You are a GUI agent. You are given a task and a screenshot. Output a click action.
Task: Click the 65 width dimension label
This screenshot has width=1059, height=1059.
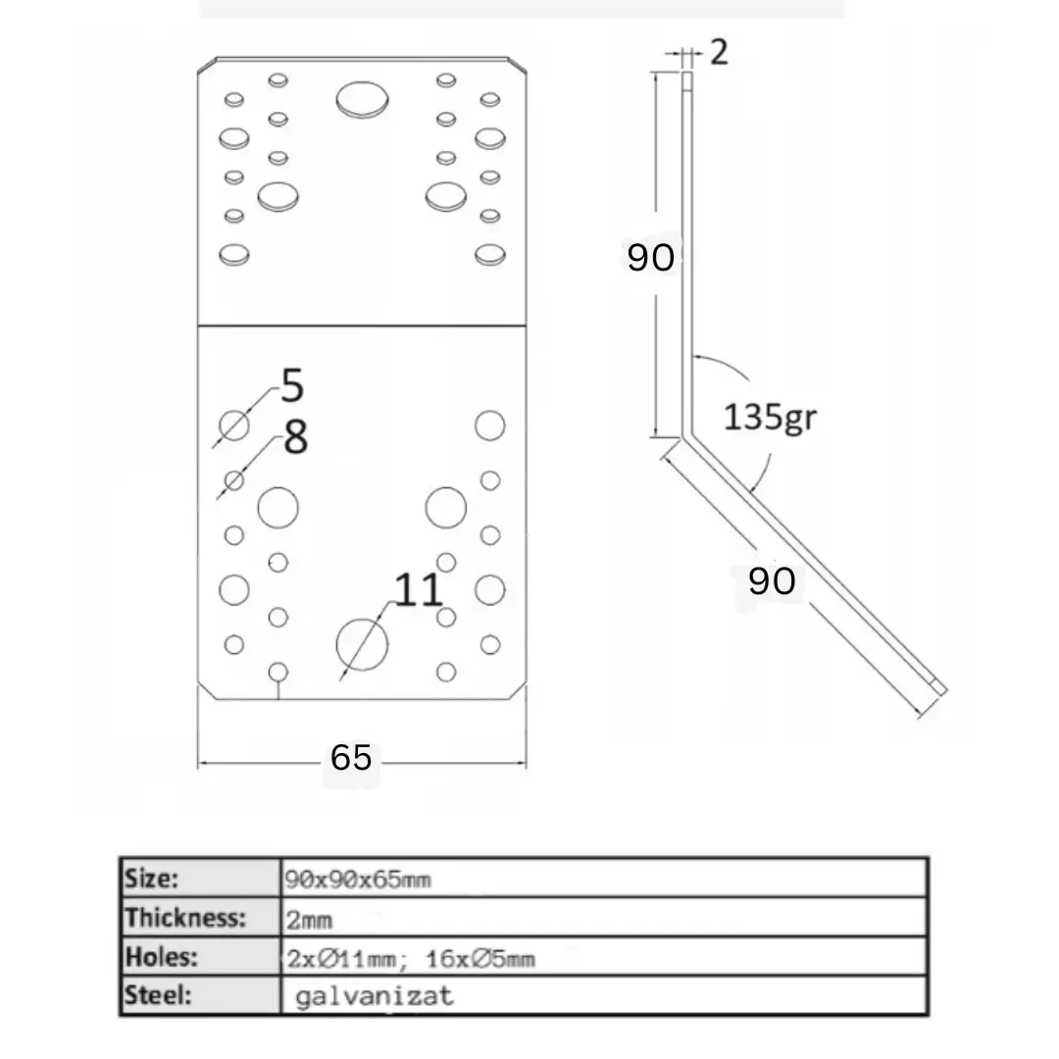tap(351, 757)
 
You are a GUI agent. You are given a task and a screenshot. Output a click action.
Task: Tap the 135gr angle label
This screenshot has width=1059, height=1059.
tap(770, 417)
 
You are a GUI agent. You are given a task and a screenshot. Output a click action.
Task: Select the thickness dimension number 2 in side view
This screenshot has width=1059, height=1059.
tap(720, 52)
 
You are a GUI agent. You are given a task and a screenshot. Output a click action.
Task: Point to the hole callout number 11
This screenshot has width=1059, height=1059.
tap(418, 590)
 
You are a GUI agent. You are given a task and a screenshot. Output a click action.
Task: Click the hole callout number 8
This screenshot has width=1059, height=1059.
tap(296, 437)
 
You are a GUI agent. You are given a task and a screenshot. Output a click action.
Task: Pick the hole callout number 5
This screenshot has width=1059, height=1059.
tap(292, 385)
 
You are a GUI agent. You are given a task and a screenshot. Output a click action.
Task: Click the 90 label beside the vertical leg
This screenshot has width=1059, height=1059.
tap(650, 257)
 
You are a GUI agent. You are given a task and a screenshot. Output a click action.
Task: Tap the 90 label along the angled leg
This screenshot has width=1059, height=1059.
tap(772, 580)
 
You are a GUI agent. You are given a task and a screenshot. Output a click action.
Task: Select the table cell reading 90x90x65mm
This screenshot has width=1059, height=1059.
tap(357, 880)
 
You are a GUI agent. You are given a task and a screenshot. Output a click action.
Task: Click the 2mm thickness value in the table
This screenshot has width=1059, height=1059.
tap(309, 919)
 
